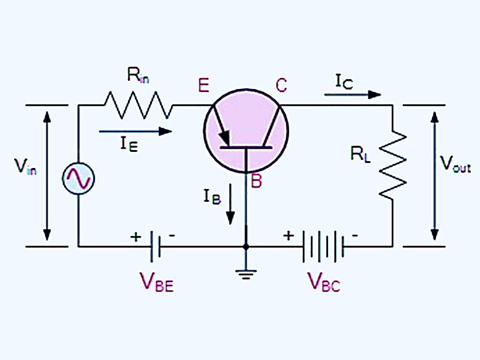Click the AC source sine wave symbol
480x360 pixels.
78,178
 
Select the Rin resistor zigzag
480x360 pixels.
138,105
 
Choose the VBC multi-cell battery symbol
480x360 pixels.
322,246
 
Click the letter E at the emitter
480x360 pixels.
204,85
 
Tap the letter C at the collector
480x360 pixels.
281,85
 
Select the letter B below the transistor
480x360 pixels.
256,182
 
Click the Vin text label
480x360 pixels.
25,167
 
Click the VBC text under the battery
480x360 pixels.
324,283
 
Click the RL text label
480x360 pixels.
361,154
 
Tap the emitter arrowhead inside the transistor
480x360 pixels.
223,139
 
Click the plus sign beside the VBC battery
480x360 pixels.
288,235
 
